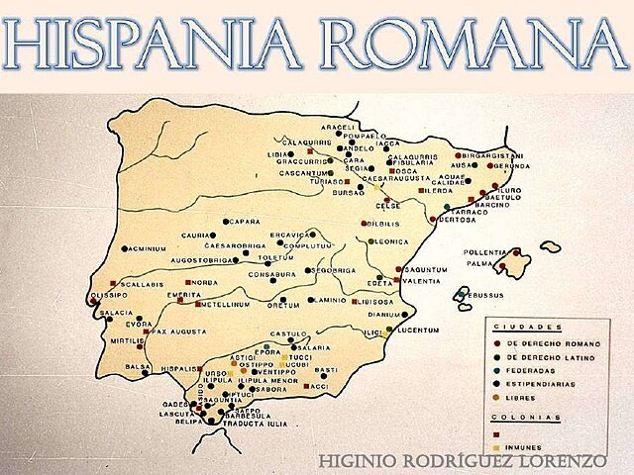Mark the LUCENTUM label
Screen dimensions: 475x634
coord(417,329)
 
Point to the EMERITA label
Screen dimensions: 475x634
coord(185,295)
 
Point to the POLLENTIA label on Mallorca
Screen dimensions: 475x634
coord(484,252)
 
